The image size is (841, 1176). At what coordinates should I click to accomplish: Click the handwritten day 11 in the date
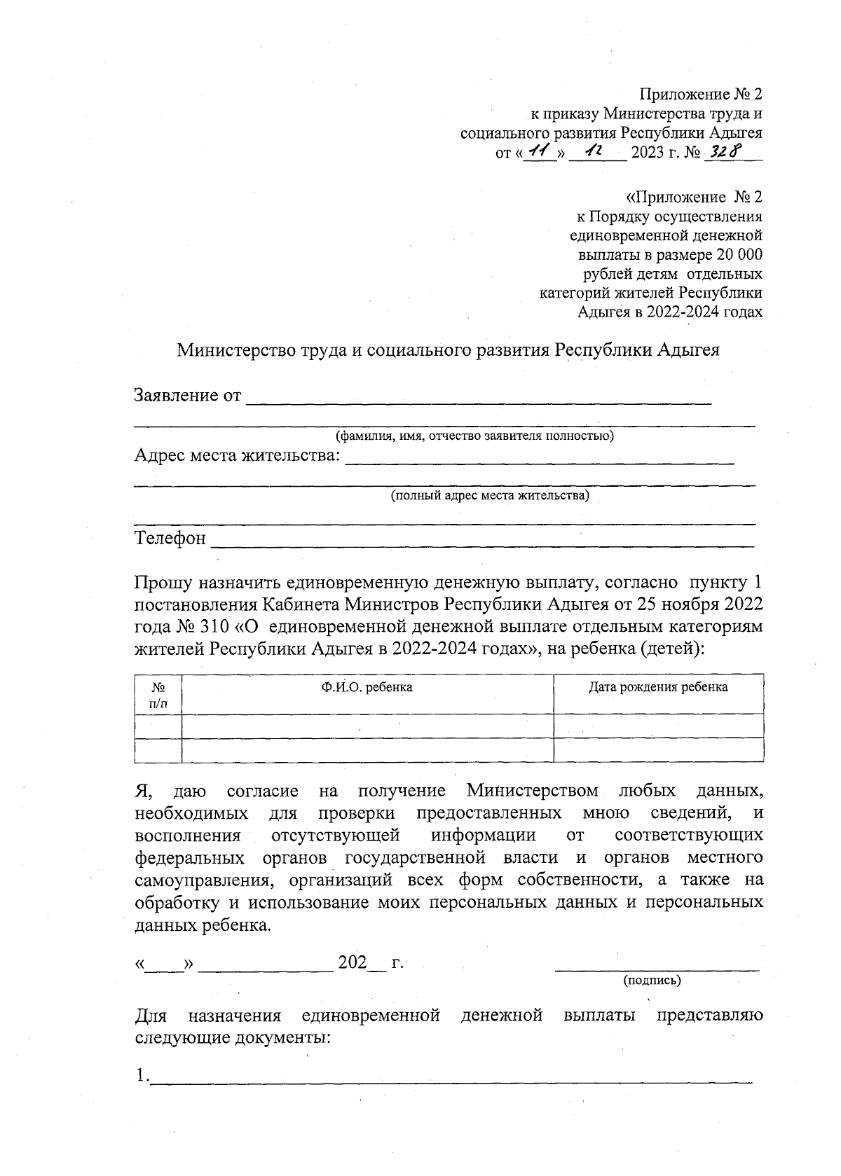pyautogui.click(x=539, y=152)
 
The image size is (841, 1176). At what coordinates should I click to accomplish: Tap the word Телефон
pyautogui.click(x=170, y=539)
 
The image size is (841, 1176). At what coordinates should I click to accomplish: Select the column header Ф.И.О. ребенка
pyautogui.click(x=367, y=687)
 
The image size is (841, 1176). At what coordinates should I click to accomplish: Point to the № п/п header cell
pyautogui.click(x=158, y=695)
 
